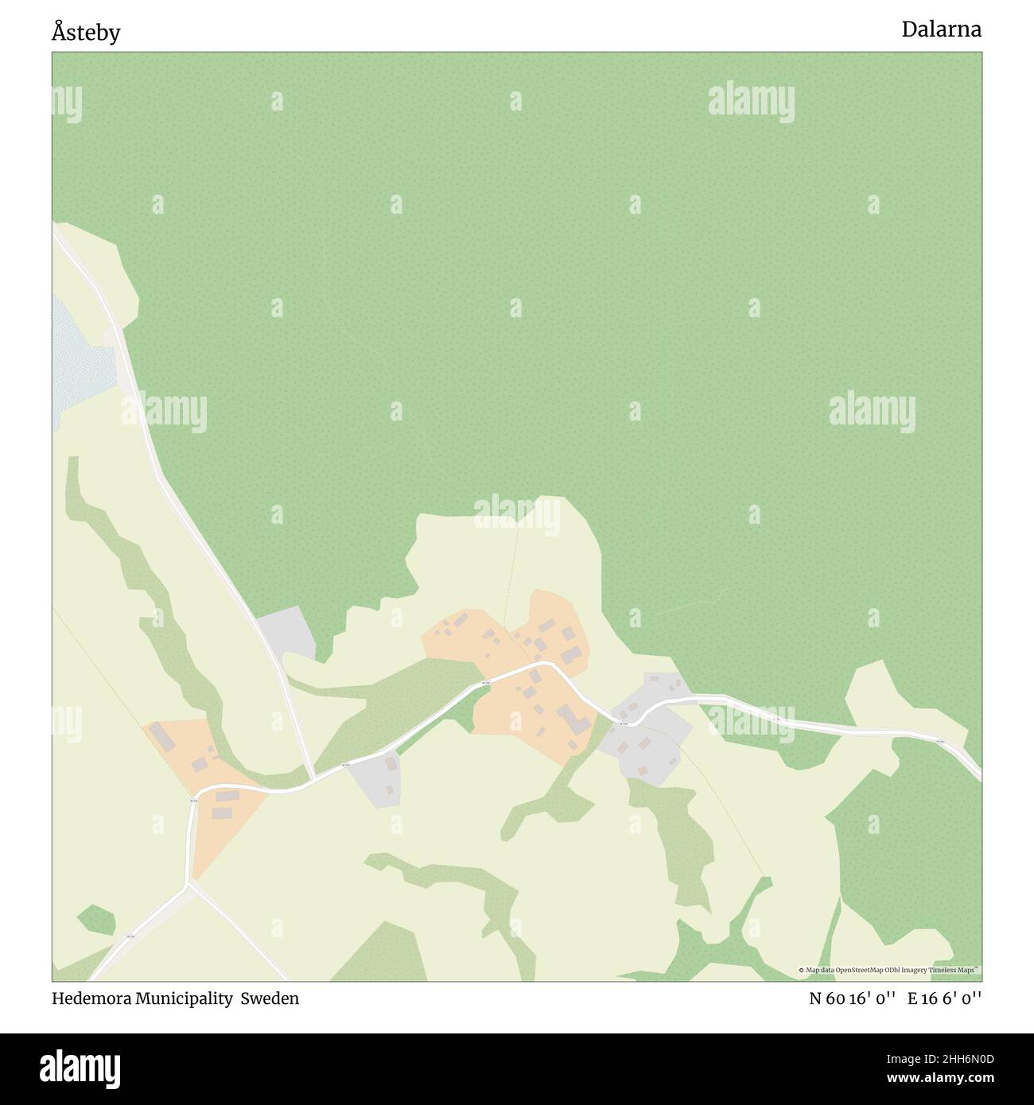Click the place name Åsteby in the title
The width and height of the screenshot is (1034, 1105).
pos(86,33)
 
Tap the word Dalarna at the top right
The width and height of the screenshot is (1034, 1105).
pos(941,29)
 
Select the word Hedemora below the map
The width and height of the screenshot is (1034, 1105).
pos(91,998)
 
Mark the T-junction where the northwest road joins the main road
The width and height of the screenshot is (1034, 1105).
pos(313,778)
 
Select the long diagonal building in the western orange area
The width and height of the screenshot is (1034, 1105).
pos(164,736)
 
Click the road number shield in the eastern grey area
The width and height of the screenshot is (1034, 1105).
pos(624,723)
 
